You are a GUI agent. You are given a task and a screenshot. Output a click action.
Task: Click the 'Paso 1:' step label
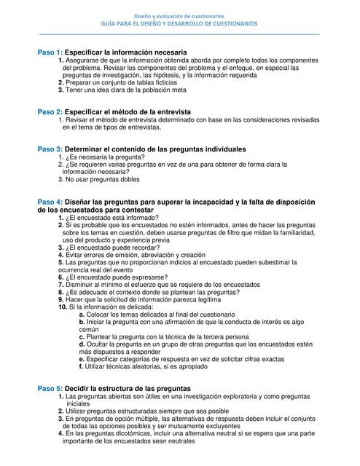[x=50, y=54]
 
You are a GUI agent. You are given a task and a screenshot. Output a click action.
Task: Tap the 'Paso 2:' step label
[x=50, y=111]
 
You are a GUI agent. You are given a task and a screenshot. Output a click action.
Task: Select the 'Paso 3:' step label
[x=50, y=149]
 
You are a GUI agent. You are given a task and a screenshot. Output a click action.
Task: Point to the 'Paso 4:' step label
[x=50, y=201]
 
